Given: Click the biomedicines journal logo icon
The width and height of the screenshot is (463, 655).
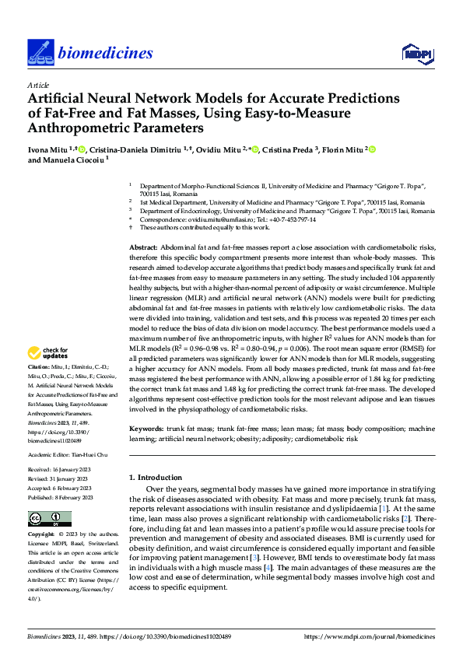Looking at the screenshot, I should point(39,52).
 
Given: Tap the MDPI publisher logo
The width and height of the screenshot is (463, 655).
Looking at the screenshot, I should point(413,52).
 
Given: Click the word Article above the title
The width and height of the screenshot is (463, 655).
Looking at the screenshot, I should point(38,85).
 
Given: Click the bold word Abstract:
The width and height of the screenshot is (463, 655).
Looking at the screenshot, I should point(145,246).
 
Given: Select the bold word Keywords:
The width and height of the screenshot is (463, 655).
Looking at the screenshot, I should point(146,429).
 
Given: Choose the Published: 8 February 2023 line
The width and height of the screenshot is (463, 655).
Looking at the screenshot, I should point(60,497).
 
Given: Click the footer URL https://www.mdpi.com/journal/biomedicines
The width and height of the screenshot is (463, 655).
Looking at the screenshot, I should point(369,636).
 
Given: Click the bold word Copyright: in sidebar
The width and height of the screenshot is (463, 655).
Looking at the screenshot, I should point(42,535).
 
